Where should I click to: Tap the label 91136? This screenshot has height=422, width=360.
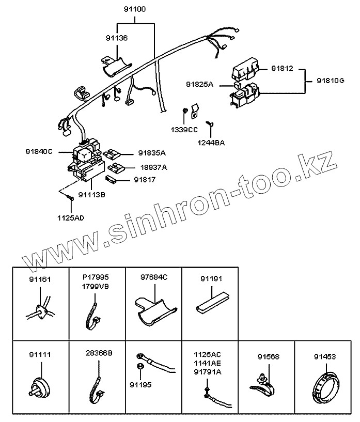pos(117,38)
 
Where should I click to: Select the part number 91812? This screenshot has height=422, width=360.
pos(282,68)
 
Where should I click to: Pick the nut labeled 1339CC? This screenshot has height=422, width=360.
pos(185,111)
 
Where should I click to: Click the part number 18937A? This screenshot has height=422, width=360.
pos(153,167)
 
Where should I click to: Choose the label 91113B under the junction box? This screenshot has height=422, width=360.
pos(91,195)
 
